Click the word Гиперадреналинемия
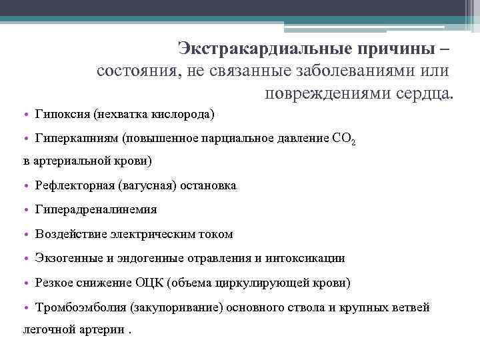95,209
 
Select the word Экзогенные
67,258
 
